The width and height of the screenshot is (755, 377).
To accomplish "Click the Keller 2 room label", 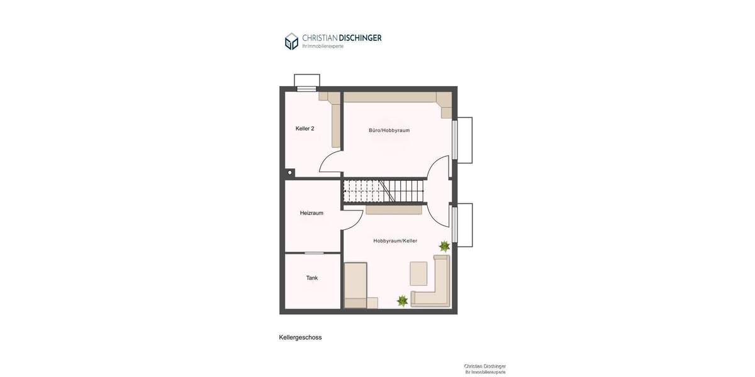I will (x=305, y=128).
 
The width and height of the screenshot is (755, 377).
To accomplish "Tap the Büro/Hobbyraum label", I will (x=389, y=130).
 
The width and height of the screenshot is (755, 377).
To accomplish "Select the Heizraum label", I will (x=311, y=213).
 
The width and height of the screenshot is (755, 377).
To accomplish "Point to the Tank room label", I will (x=312, y=278).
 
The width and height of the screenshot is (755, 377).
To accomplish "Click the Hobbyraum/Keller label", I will (x=395, y=241).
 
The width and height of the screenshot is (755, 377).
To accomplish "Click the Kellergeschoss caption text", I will (x=300, y=337).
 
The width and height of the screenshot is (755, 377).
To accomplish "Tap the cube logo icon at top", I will (x=291, y=41).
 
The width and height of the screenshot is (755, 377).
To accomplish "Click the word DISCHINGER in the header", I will (x=360, y=38).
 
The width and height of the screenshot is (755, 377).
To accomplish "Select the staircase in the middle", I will (x=384, y=190).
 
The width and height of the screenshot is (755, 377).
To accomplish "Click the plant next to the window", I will (x=444, y=246).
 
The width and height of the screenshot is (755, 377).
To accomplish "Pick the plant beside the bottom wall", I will (x=402, y=301).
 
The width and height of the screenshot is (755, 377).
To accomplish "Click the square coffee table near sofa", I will (x=418, y=273).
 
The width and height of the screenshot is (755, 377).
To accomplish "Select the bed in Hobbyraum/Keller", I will (x=355, y=285).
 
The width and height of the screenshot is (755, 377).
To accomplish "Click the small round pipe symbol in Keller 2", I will (x=289, y=172).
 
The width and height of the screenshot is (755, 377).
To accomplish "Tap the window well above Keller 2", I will (x=307, y=80).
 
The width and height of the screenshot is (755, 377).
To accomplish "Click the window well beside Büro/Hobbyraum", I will (x=465, y=140).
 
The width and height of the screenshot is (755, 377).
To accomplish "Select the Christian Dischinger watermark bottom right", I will (x=484, y=369).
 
